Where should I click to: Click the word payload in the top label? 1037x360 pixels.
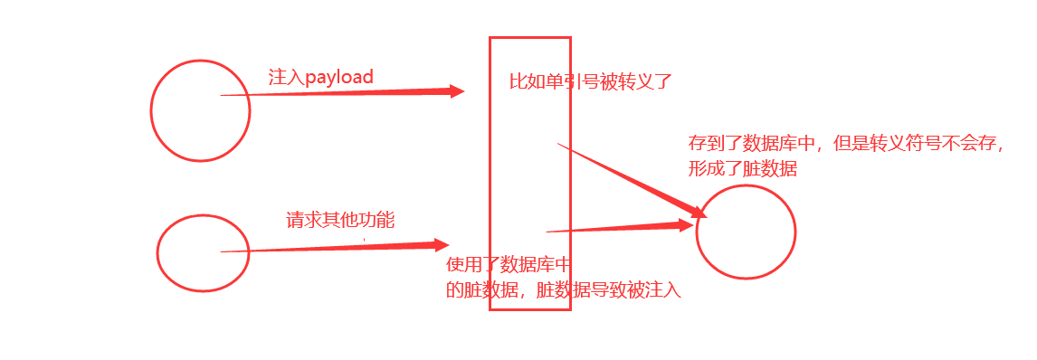tap(339, 78)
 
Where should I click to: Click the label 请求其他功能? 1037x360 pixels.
tap(340, 220)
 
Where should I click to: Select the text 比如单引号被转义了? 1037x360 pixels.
tap(591, 82)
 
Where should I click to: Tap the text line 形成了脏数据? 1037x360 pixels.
tap(743, 169)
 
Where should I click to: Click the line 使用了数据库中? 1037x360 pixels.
tap(509, 266)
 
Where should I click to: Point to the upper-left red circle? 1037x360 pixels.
tap(200, 111)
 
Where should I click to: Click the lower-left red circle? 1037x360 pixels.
tap(203, 253)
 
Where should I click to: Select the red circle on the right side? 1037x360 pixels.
tap(746, 232)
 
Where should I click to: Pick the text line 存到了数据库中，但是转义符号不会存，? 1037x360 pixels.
tap(847, 145)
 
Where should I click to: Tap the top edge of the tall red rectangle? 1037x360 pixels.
tap(530, 38)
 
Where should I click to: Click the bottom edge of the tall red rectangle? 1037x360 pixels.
tap(530, 309)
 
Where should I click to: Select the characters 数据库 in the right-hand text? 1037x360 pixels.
tap(770, 145)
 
